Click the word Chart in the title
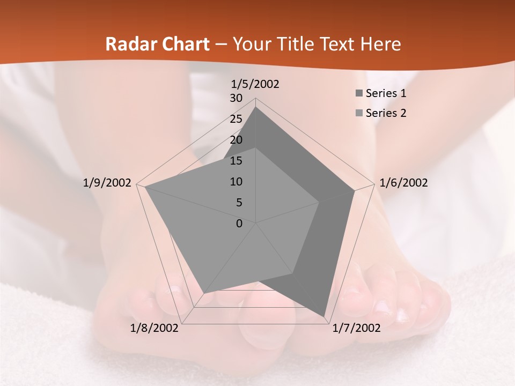181,44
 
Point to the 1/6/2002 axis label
403,183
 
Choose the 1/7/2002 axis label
356,328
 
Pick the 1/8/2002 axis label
154,328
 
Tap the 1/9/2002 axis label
107,183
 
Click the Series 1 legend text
386,93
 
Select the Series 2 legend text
386,113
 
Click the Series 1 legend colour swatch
359,94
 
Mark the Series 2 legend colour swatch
359,113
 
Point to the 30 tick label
236,98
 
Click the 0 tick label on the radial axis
239,224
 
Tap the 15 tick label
236,161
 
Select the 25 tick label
236,119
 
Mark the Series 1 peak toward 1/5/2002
256,107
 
